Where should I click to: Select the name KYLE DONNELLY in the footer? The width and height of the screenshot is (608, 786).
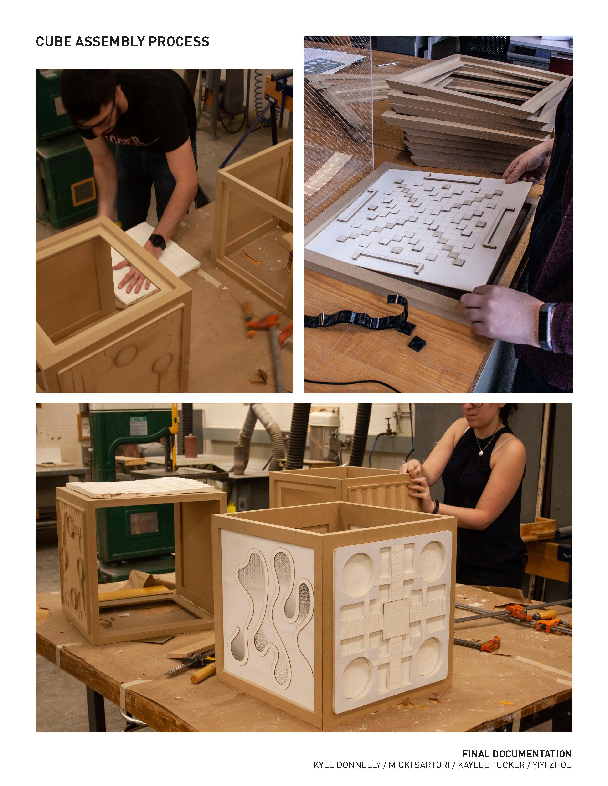tap(347, 765)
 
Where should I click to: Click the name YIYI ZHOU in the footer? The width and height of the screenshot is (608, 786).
tap(552, 765)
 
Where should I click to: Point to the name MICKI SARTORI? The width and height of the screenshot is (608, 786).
tap(419, 765)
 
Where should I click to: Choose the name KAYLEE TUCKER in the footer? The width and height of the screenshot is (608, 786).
tap(491, 765)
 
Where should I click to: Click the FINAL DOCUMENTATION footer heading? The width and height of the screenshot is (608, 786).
tap(517, 754)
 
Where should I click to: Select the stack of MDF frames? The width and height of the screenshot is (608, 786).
tap(475, 111)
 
